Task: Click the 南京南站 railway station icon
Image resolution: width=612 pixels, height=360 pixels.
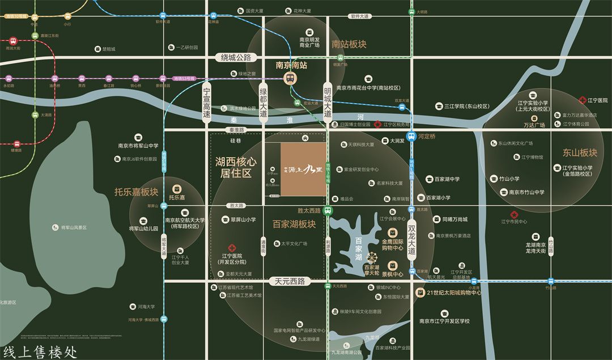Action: click(x=290, y=78)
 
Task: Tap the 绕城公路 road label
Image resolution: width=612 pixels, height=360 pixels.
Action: click(x=236, y=57)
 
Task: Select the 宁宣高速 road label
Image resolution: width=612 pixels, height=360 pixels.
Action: click(x=207, y=102)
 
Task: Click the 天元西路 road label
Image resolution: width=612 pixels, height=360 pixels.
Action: click(x=290, y=281)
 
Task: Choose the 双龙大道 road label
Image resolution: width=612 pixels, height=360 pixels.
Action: click(x=412, y=239)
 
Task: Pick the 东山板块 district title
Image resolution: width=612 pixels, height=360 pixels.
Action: click(x=580, y=153)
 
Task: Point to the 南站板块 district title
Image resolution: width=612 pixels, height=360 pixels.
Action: click(x=349, y=44)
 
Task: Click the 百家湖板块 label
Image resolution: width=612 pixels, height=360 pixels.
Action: click(x=294, y=223)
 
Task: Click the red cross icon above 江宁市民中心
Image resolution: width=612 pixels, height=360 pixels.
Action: click(x=515, y=214)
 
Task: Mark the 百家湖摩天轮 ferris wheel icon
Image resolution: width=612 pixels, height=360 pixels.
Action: click(x=372, y=258)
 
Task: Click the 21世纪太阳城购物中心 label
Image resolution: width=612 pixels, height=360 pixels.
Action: click(x=453, y=293)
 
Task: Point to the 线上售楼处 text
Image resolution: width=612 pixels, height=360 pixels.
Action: click(x=40, y=351)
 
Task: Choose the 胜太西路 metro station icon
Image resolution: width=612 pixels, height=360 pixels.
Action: click(x=328, y=210)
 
